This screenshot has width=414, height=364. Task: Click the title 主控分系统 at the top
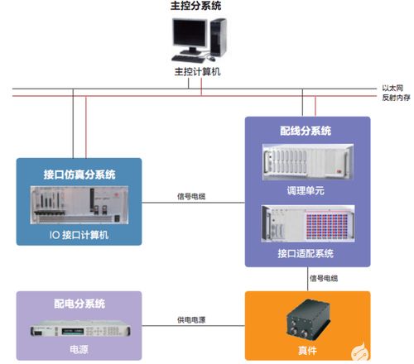click(x=195, y=7)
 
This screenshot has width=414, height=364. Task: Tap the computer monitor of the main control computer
click(x=191, y=37)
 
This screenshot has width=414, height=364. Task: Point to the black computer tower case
click(x=218, y=39)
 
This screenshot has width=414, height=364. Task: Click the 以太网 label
click(x=393, y=87)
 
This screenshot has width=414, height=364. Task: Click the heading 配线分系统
click(x=306, y=131)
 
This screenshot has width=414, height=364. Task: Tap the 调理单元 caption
click(x=306, y=189)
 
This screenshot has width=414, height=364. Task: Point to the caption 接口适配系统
click(x=306, y=252)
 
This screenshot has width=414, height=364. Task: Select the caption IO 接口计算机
click(x=79, y=234)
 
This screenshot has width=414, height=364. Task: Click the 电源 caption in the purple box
click(x=79, y=351)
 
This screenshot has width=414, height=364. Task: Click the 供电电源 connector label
click(x=192, y=319)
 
